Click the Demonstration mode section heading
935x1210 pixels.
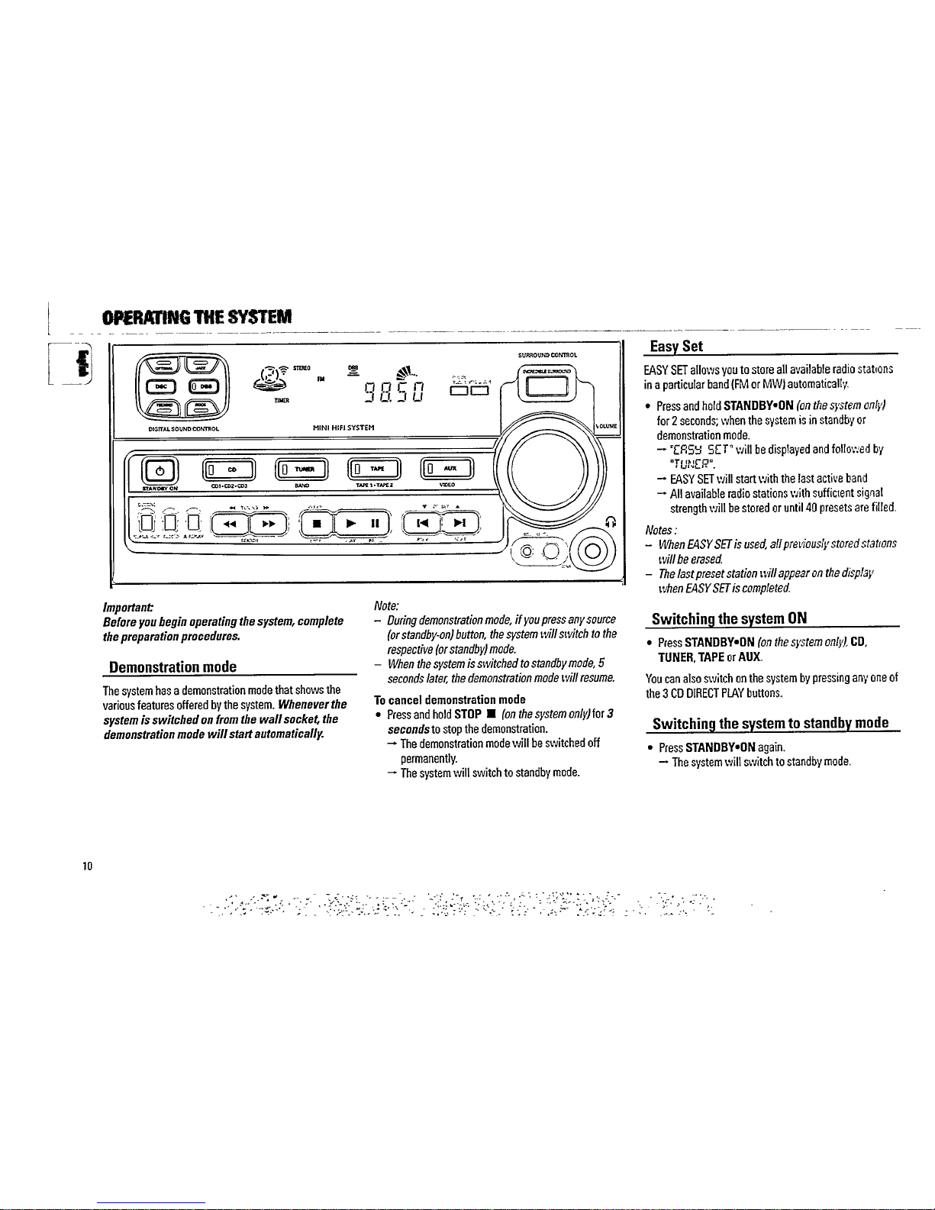tap(172, 667)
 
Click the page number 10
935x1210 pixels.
tap(87, 866)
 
